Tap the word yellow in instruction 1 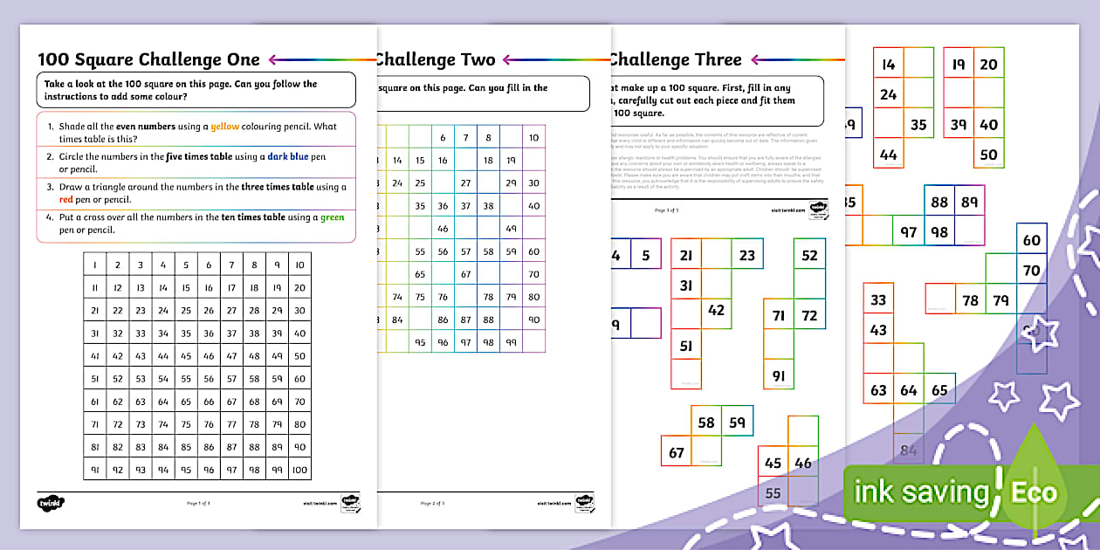[x=225, y=127]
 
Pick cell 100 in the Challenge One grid [x=299, y=470]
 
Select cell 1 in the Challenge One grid [x=94, y=265]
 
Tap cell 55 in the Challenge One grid [x=186, y=379]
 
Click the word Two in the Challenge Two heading [x=477, y=59]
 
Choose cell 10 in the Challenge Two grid [x=533, y=138]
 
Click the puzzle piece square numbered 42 [x=717, y=310]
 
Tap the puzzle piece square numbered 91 [x=779, y=376]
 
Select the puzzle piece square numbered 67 [x=677, y=452]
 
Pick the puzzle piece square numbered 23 [x=746, y=256]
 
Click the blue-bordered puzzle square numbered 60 [x=1032, y=241]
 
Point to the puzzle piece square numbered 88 [x=939, y=203]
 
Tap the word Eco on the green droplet [x=1034, y=492]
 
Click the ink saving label [x=921, y=492]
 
